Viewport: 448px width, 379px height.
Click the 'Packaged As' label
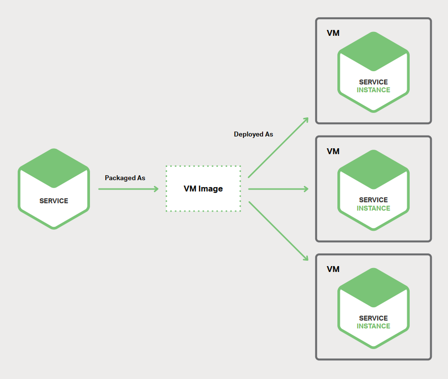coord(125,178)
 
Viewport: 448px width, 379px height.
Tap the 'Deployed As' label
coord(253,135)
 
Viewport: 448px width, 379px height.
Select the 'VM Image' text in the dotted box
coord(203,189)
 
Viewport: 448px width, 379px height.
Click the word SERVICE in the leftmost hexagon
coord(54,201)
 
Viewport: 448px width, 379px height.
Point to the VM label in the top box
coord(333,33)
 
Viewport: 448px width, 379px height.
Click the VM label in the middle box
coord(333,151)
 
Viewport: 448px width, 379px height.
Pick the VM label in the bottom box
coord(333,269)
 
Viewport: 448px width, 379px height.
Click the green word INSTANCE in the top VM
coord(373,90)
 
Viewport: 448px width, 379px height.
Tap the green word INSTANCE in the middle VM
coord(373,209)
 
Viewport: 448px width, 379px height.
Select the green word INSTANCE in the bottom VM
coord(373,326)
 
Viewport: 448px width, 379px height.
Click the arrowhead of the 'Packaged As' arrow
coord(156,189)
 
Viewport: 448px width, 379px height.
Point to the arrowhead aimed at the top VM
coord(306,120)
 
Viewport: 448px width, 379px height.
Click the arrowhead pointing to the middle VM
coord(306,189)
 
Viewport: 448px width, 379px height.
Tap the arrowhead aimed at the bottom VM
coord(306,258)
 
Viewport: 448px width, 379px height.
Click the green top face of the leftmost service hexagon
coord(54,168)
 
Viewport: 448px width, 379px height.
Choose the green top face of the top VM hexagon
coord(373,52)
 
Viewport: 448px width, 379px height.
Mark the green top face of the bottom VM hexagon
coord(373,288)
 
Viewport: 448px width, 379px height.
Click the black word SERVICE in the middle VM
coord(373,200)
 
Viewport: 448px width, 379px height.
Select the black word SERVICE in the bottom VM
coord(373,318)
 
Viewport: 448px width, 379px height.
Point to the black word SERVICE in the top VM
coord(373,82)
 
